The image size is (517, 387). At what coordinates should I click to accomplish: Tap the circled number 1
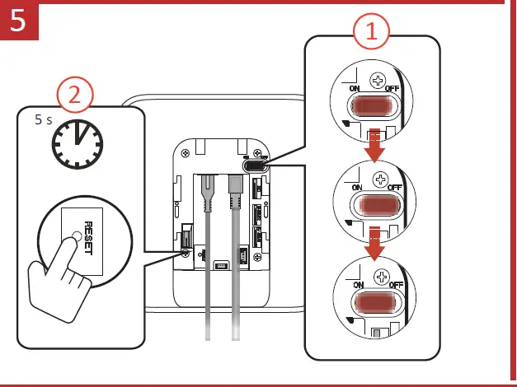[x=372, y=32]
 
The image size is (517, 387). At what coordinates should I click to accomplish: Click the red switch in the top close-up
[x=373, y=106]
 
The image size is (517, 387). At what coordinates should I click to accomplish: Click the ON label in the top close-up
[x=355, y=88]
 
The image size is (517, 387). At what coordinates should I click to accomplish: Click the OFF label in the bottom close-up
[x=396, y=287]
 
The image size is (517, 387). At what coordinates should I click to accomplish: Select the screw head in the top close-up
[x=378, y=81]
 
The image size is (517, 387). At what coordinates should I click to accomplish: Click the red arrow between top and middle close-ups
[x=375, y=145]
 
